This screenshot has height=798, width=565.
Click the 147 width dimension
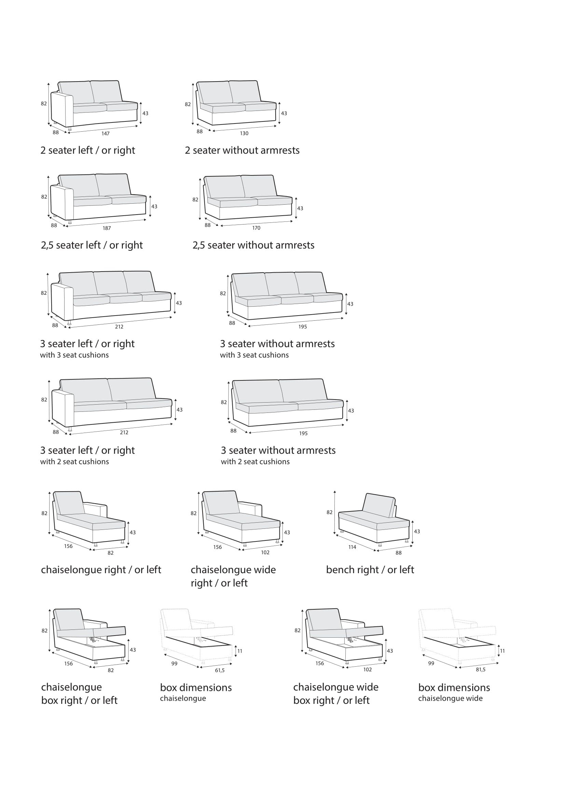106,133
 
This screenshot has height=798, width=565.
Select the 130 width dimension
244,133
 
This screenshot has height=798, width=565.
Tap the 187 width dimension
107,228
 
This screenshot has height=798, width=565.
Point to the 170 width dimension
257,228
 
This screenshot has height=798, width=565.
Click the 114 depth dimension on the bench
353,547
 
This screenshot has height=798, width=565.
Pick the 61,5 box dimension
220,670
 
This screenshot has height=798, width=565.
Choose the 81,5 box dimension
481,669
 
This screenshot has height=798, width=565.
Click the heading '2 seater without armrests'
242,150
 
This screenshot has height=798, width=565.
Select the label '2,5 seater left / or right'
92,245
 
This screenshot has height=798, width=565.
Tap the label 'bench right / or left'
370,570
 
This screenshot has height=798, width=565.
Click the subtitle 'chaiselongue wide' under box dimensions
450,698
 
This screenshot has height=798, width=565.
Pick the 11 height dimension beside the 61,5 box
240,651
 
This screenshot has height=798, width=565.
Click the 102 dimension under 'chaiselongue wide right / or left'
265,552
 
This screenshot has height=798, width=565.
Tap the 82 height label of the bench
329,512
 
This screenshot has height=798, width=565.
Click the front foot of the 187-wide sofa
70,221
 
